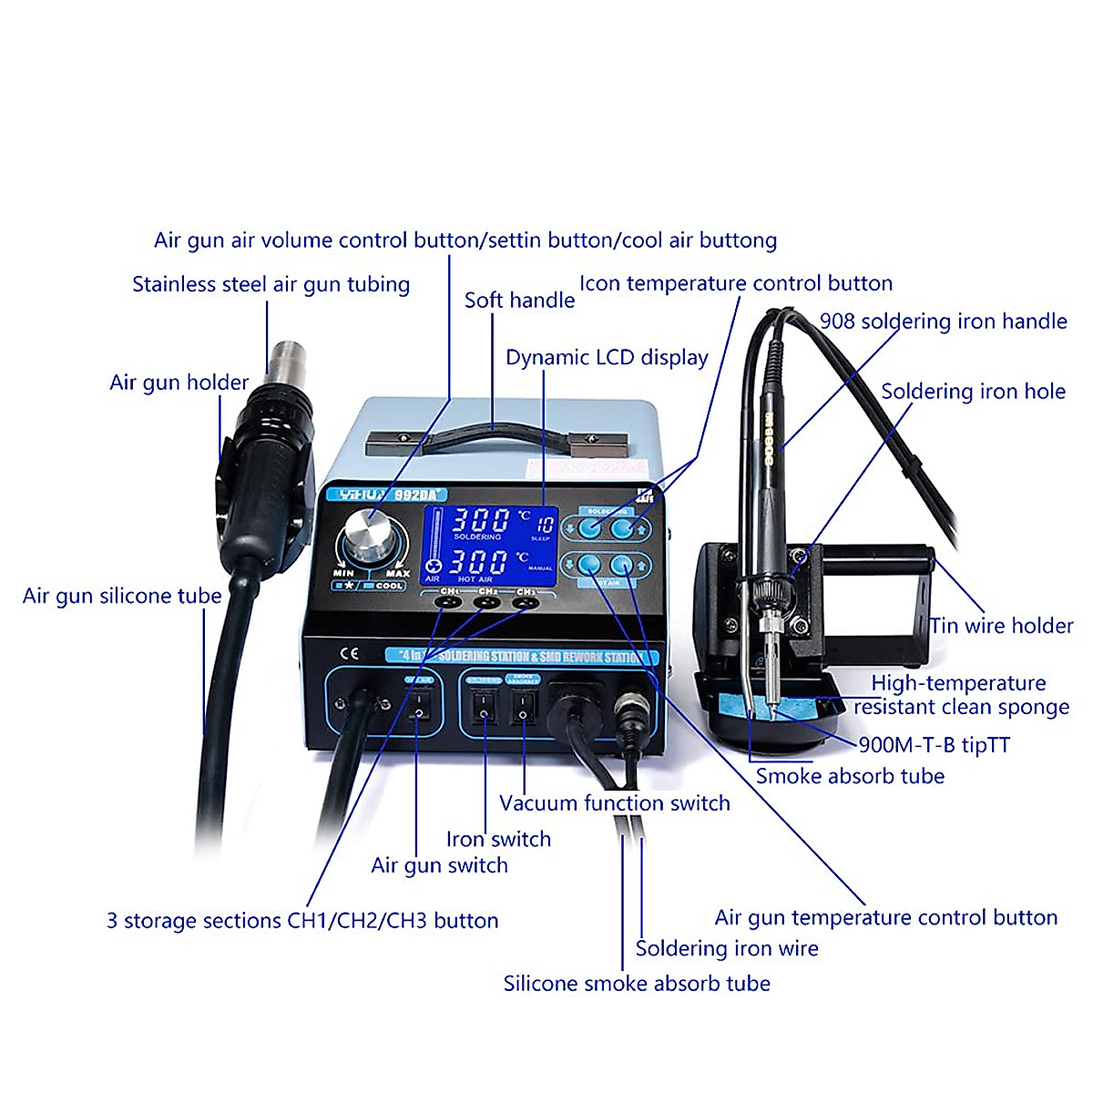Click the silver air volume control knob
tap(369, 534)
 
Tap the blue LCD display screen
tap(490, 545)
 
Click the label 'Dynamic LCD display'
tap(607, 358)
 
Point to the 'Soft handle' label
tap(519, 301)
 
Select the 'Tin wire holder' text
tap(1001, 626)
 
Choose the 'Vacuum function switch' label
tap(615, 803)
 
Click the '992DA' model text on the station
tap(419, 495)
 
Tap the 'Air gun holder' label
tap(179, 383)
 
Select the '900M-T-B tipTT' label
tap(934, 745)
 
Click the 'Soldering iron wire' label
tap(727, 949)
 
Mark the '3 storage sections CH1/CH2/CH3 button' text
tap(302, 921)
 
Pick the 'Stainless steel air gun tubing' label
tap(271, 284)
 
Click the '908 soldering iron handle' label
tap(943, 322)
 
